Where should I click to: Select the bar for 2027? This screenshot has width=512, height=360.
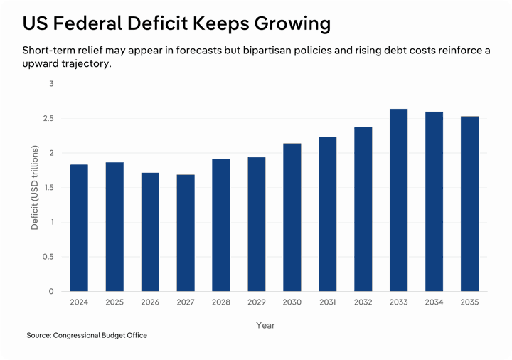[x=186, y=233]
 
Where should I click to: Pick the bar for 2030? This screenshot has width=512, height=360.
[x=292, y=217]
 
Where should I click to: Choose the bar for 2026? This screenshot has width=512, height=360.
[x=150, y=232]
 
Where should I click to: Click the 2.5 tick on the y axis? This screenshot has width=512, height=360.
[x=47, y=119]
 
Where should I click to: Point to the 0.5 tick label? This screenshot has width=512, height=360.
[x=47, y=257]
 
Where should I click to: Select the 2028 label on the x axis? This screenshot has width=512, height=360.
[x=221, y=302]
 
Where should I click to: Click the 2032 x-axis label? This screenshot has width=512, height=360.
[x=363, y=302]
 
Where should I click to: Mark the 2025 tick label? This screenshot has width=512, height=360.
[x=114, y=302]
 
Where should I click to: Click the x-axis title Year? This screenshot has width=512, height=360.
[x=265, y=325]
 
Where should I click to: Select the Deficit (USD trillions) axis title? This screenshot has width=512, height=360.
[x=34, y=187]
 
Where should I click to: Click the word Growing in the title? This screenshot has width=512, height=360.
[x=291, y=23]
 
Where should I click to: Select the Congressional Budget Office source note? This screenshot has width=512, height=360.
[x=87, y=335]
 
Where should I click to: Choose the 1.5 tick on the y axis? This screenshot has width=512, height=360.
[x=47, y=188]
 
